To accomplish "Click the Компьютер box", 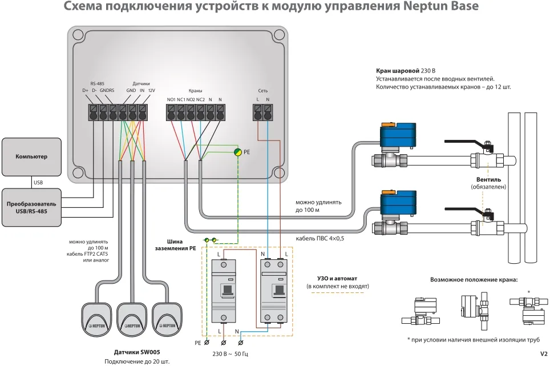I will [x=31, y=156].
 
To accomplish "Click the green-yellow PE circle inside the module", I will [x=237, y=152].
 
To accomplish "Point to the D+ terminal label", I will [x=86, y=90].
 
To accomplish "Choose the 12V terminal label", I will [x=151, y=90].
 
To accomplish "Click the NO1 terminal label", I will [x=171, y=100].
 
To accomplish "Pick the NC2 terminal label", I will [x=200, y=100].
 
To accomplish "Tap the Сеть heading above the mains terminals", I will [x=262, y=91].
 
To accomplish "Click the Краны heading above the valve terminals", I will [x=195, y=91].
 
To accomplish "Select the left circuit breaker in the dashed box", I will [x=223, y=291].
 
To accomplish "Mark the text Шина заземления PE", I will [x=175, y=244].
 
